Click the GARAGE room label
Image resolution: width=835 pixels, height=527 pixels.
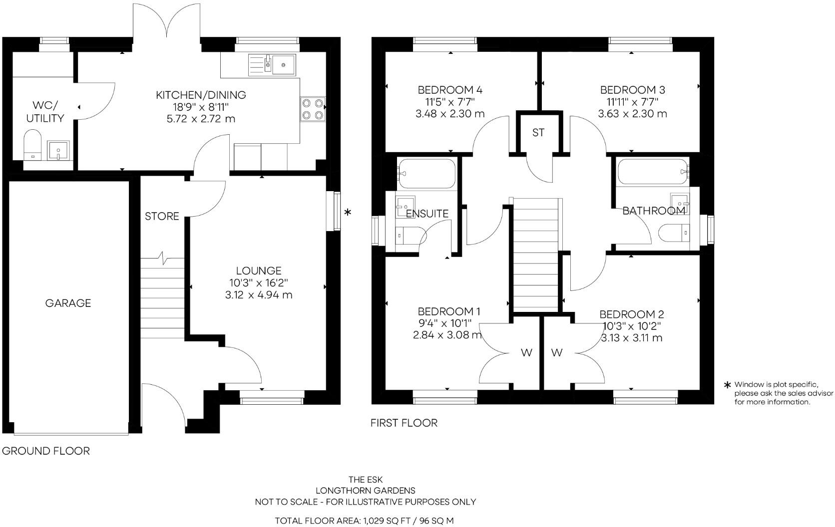[68, 303]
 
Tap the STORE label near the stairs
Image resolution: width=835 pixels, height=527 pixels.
[162, 216]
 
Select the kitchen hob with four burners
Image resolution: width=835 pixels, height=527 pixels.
[313, 109]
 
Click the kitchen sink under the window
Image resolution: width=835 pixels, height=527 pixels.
[284, 64]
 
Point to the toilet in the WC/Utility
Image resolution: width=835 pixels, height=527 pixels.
[32, 145]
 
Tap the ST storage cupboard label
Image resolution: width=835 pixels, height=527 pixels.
[538, 133]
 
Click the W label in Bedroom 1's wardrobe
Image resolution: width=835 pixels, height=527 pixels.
[526, 353]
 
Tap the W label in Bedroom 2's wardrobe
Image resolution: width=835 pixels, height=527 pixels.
[557, 353]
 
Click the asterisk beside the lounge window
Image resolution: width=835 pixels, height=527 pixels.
[348, 213]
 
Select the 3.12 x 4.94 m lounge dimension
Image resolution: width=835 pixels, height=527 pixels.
[259, 295]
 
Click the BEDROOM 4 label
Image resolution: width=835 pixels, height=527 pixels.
[450, 90]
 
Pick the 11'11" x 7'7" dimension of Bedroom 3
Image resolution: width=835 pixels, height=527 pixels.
[632, 102]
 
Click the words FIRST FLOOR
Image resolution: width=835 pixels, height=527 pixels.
[404, 423]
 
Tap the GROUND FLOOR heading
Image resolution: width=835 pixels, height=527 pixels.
[46, 451]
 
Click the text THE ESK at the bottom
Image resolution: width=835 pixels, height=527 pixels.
[366, 480]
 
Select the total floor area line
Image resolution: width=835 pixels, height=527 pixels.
[365, 521]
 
